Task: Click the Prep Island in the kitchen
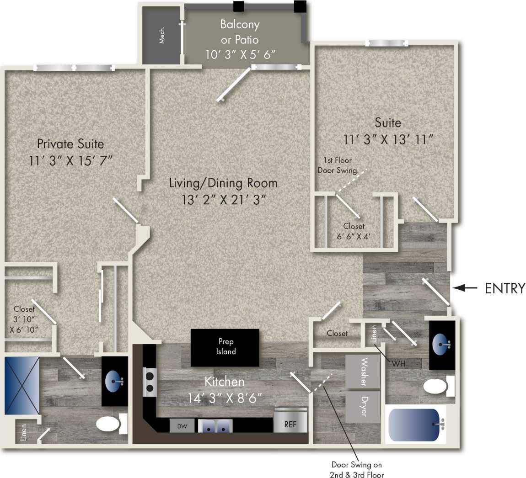225,347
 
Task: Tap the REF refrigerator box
290,424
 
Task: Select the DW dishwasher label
182,426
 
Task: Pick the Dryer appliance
363,406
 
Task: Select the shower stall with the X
21,386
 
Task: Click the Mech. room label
162,36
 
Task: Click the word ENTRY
505,288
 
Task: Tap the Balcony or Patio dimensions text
240,55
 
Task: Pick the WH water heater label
398,364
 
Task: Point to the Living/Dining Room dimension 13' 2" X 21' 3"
223,200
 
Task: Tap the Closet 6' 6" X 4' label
354,231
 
